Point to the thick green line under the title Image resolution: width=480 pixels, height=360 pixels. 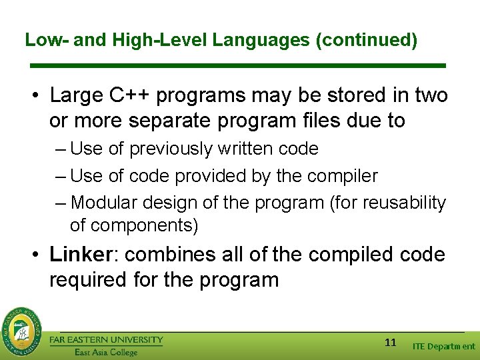(239, 65)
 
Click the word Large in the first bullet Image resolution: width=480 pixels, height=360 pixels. (77, 96)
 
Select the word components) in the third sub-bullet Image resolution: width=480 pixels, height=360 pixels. (134, 225)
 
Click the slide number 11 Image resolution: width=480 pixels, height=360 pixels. (391, 343)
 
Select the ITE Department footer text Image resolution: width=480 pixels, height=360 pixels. (443, 346)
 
